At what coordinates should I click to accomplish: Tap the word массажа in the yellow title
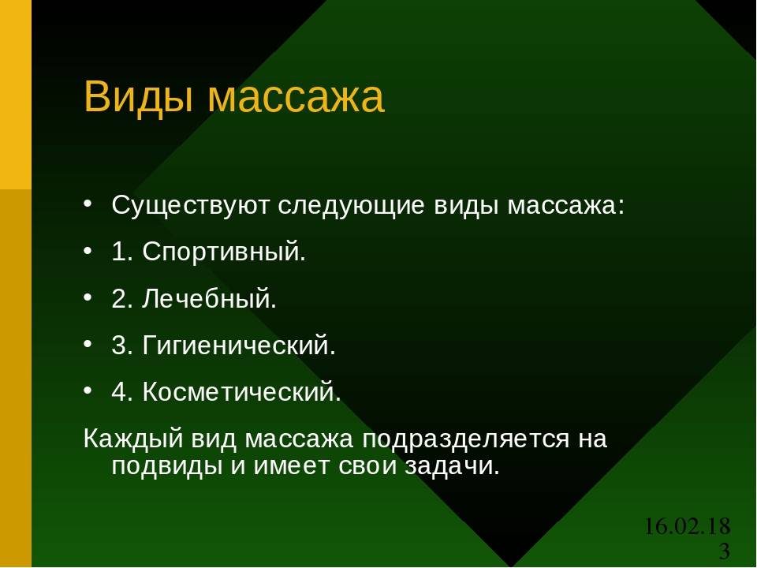pyautogui.click(x=296, y=99)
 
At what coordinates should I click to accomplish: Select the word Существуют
pyautogui.click(x=190, y=206)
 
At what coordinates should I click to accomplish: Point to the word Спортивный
pyautogui.click(x=224, y=252)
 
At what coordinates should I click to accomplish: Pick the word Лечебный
pyautogui.click(x=209, y=298)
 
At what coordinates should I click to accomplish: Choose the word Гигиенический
pyautogui.click(x=238, y=345)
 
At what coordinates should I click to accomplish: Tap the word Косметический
pyautogui.click(x=241, y=391)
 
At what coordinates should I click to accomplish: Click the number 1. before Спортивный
pyautogui.click(x=122, y=252)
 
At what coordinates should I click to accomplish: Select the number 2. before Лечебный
pyautogui.click(x=122, y=298)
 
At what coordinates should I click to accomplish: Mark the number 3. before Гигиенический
pyautogui.click(x=122, y=345)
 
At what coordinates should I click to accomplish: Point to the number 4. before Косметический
pyautogui.click(x=122, y=392)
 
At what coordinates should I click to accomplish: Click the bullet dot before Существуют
pyautogui.click(x=88, y=204)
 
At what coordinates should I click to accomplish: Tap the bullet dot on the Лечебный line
pyautogui.click(x=88, y=297)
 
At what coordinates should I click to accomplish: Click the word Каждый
pyautogui.click(x=133, y=439)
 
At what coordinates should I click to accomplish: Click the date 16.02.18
pyautogui.click(x=688, y=526)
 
